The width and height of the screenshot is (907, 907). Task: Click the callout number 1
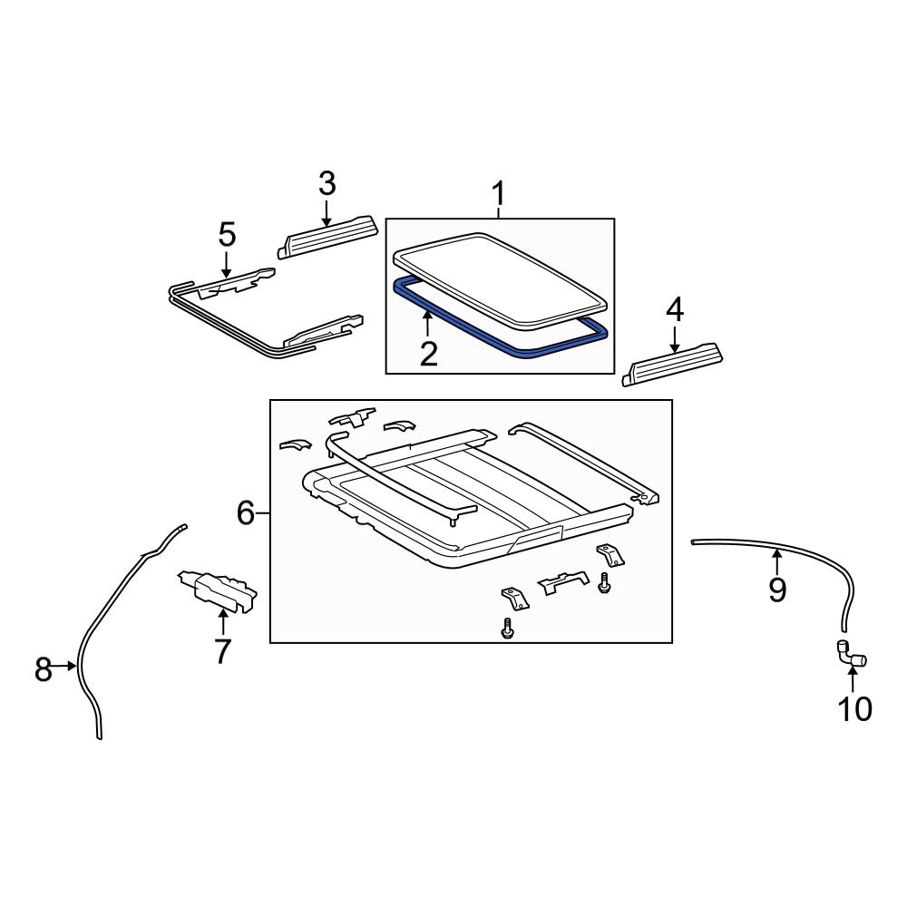coord(498,194)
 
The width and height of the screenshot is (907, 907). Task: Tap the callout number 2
coord(428,353)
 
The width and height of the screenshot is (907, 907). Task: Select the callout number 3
coord(327,183)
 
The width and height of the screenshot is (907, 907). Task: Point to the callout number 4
coord(674,310)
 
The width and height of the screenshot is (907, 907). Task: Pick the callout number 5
coord(227,235)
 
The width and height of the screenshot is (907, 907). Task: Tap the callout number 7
coord(222,650)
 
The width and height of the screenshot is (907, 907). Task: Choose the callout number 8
coord(44,670)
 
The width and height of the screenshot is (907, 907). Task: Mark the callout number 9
coord(777,590)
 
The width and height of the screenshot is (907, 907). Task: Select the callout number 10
coord(854,708)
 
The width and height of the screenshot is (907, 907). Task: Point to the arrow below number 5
coord(227,265)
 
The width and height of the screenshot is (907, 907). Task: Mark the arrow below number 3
coord(327,212)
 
